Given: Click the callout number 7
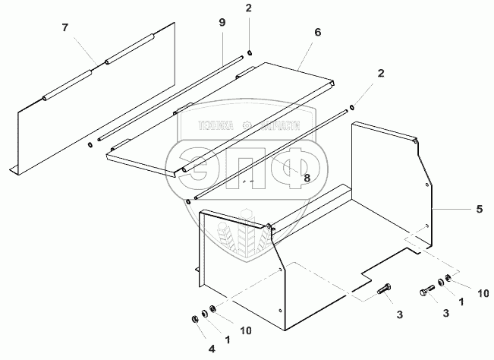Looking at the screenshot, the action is [65, 28].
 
